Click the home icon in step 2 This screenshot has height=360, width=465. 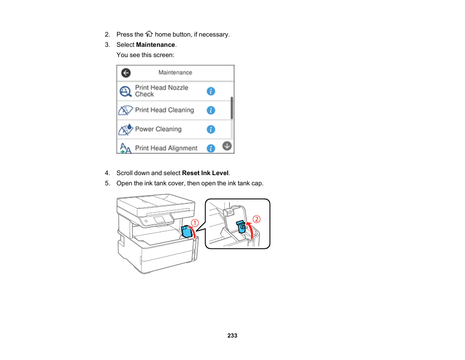[149, 34]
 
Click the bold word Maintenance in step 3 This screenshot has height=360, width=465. [155, 45]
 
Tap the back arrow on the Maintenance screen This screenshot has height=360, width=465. [126, 73]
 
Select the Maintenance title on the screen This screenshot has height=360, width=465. [175, 72]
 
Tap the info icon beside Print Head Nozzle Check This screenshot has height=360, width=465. [211, 91]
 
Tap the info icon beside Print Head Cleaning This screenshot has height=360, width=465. [211, 110]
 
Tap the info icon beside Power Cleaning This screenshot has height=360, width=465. [211, 129]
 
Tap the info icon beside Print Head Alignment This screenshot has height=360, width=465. [211, 148]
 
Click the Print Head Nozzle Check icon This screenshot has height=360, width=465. [126, 91]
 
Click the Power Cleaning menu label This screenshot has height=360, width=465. [158, 129]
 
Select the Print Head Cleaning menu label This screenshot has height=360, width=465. [164, 110]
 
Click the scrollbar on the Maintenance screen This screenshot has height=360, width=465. [232, 108]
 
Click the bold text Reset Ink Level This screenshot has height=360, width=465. [205, 173]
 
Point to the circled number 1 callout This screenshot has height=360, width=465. [194, 223]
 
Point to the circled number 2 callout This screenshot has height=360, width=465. [256, 220]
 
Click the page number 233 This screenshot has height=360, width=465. [232, 336]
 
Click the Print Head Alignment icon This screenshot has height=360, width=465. [125, 148]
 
